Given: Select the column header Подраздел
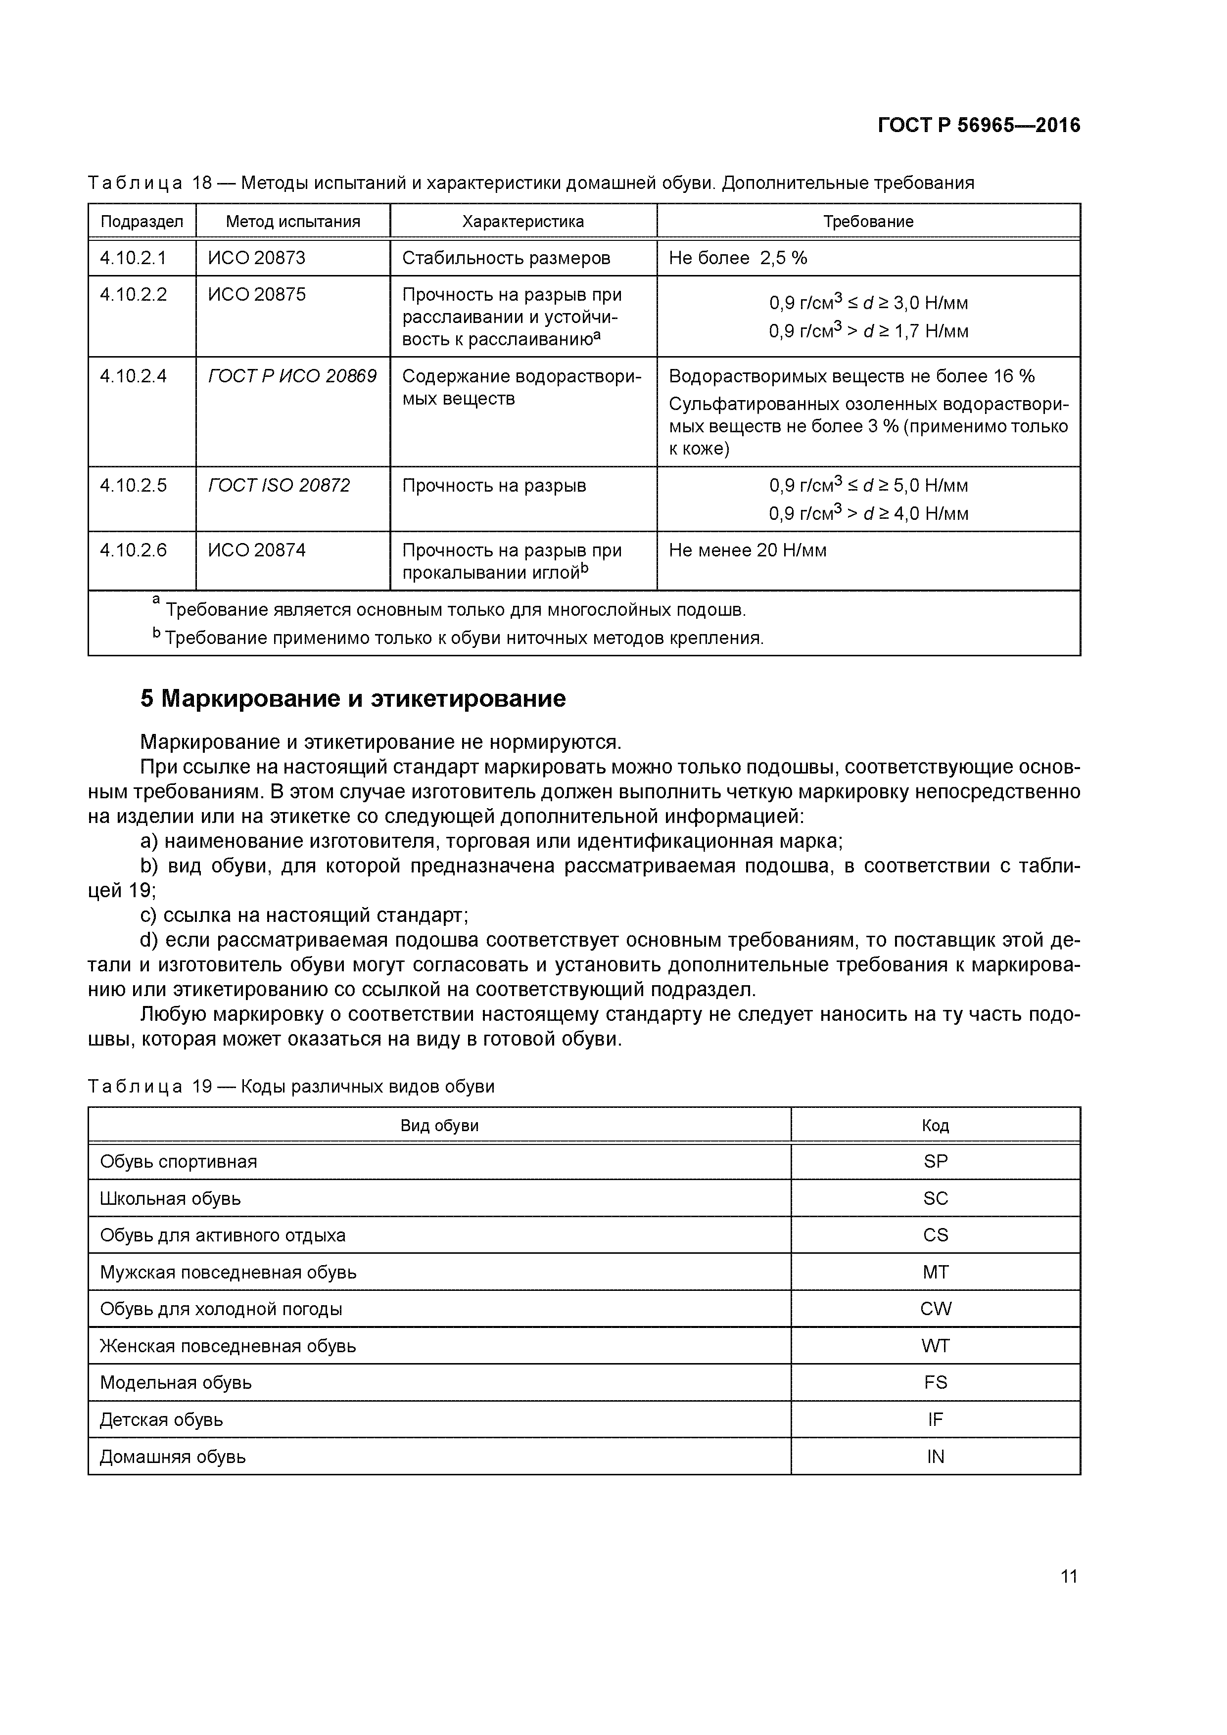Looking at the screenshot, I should tap(142, 222).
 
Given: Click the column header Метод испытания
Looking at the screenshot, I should tap(292, 222).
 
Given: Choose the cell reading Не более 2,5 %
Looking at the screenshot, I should tap(738, 258).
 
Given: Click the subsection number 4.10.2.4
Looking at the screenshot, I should tap(133, 375).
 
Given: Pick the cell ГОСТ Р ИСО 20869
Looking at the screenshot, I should tap(292, 375).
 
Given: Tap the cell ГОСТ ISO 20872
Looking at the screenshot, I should tap(279, 485).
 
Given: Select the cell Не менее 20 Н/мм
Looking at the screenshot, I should tap(747, 550).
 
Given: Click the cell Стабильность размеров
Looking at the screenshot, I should tap(506, 258).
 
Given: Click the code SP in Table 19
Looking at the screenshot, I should tap(935, 1161).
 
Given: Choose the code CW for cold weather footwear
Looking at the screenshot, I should tap(935, 1309).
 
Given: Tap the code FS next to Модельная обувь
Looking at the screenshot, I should tap(935, 1382).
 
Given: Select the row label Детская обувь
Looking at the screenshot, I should tap(161, 1419).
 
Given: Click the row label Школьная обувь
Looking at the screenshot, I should tap(170, 1198).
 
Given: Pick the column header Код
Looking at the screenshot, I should tap(935, 1125).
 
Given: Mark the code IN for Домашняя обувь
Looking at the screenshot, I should tap(935, 1456).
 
